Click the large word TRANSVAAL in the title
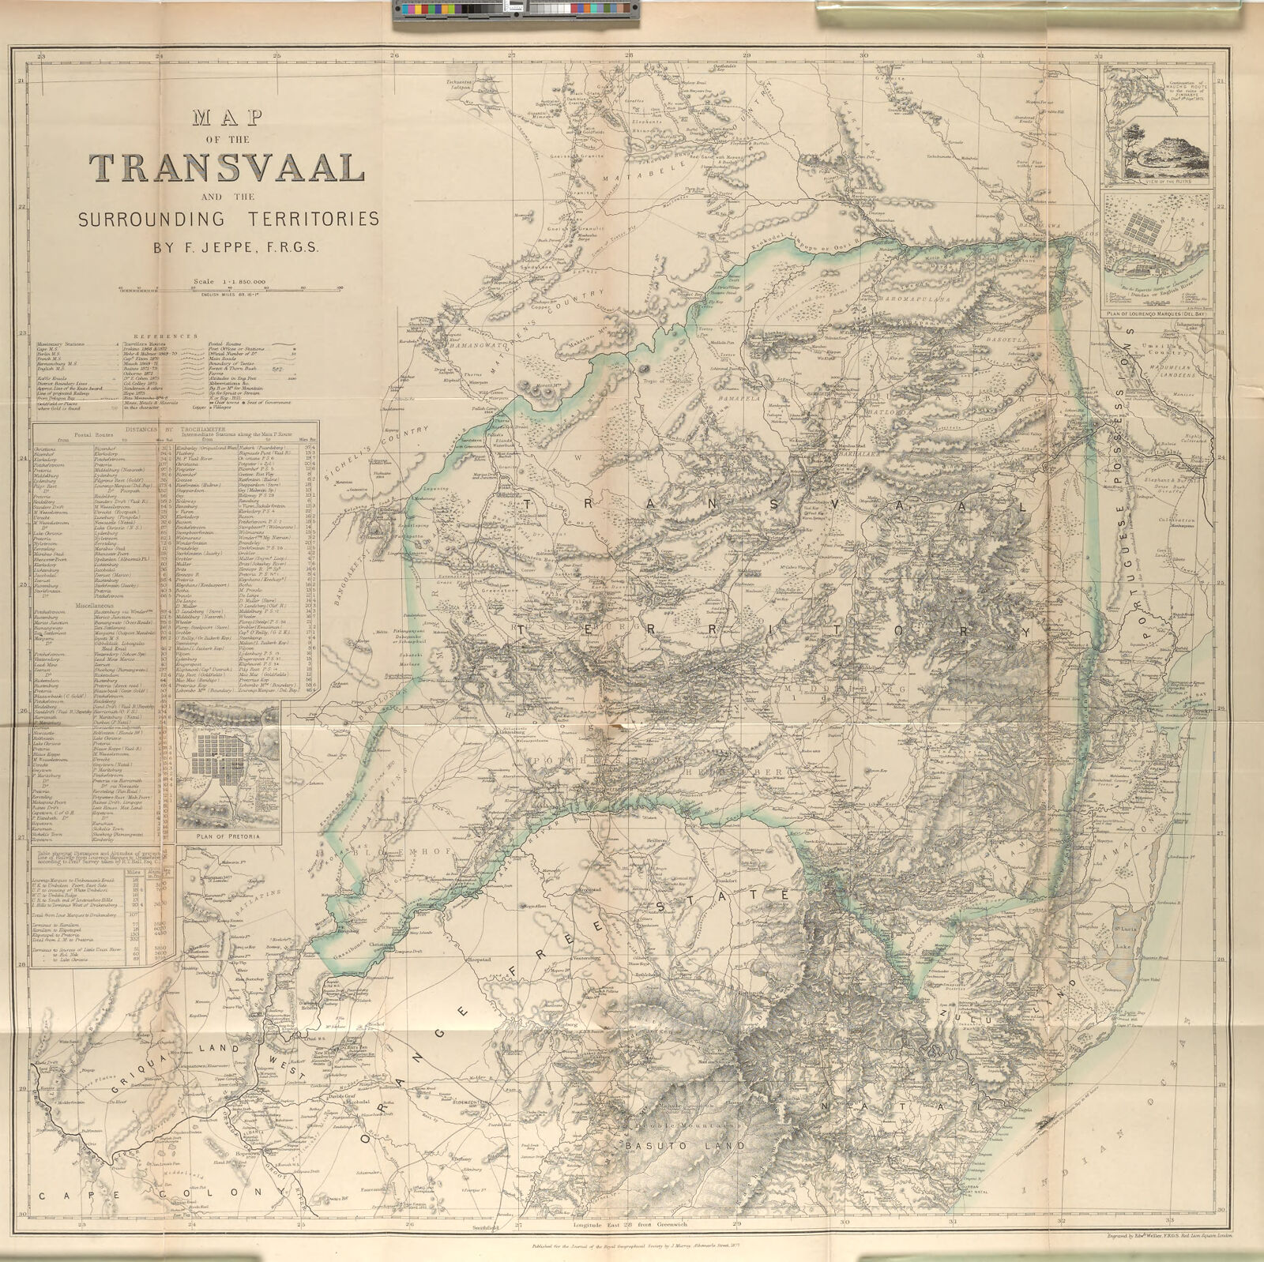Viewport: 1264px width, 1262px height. click(227, 167)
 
